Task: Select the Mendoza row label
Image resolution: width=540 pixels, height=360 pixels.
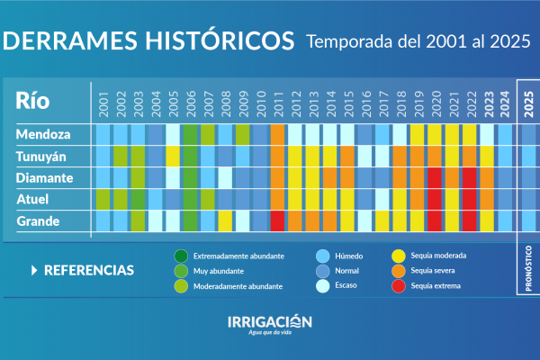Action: [44, 134]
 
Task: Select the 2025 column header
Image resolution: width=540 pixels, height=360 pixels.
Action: [528, 101]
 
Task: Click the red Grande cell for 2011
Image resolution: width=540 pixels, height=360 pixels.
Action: [277, 220]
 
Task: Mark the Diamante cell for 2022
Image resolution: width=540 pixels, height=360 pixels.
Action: [469, 177]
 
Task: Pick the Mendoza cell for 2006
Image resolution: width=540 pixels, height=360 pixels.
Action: [190, 134]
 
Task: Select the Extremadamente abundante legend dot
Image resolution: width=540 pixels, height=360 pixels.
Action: [181, 256]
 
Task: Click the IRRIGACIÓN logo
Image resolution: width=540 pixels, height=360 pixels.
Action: [269, 323]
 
